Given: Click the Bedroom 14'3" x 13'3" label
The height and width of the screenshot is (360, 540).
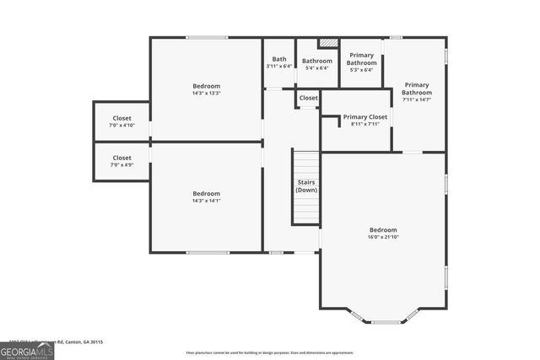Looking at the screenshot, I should [x=206, y=89].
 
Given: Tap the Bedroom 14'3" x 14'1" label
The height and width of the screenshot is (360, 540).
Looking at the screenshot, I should [x=206, y=196].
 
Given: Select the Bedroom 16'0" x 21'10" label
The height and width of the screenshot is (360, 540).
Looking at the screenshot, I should [x=382, y=234].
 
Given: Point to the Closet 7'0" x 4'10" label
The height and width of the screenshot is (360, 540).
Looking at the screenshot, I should [x=121, y=121].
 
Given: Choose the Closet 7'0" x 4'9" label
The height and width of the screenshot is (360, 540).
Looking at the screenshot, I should [x=121, y=161].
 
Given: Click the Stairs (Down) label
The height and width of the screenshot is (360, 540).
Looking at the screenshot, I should [x=306, y=186].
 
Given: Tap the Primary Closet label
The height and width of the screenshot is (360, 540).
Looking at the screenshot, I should [x=365, y=117].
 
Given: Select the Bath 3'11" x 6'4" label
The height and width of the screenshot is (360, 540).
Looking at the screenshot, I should [x=278, y=62].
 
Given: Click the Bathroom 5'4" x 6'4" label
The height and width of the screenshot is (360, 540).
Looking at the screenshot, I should [x=317, y=64].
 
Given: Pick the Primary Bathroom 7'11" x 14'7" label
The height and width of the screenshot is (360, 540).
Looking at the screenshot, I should [x=417, y=92].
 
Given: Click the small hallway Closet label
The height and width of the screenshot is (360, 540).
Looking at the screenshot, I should [x=308, y=99].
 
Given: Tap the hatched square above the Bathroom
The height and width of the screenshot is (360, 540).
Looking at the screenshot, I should [x=327, y=43].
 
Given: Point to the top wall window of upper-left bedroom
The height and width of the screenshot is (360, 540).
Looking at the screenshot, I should [x=206, y=37].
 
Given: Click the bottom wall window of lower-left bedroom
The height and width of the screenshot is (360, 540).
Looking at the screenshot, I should [x=208, y=252].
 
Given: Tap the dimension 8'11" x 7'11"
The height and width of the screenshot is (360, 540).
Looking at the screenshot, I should [x=365, y=124].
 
